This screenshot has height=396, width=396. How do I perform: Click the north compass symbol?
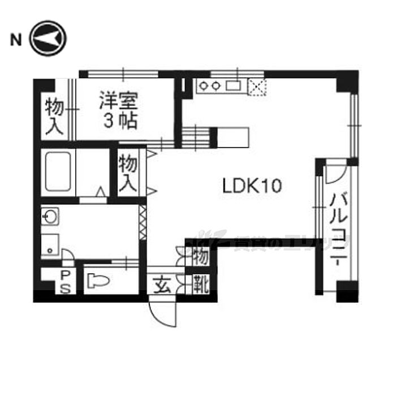(x=48, y=39)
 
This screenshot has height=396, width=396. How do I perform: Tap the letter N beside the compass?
(x=16, y=40)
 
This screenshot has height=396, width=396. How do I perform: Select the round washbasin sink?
(x=50, y=217)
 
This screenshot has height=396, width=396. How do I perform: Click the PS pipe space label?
(x=66, y=282)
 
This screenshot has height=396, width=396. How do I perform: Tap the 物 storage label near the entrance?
(x=201, y=257)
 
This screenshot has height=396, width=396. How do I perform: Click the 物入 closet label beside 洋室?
(x=54, y=117)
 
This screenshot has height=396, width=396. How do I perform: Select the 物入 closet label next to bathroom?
(x=128, y=173)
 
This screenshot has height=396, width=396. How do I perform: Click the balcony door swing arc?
(x=333, y=173)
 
